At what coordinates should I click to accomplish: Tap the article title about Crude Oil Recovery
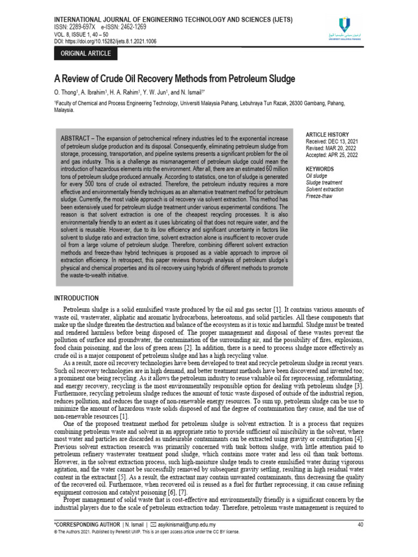[175, 79]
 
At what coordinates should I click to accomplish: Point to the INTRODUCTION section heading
[76, 298]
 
